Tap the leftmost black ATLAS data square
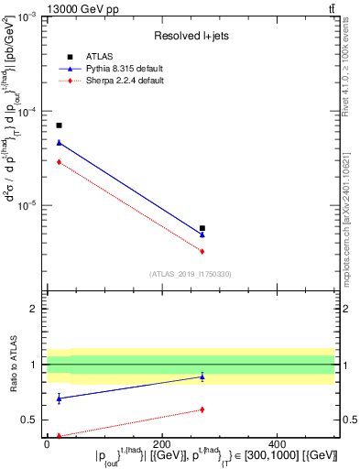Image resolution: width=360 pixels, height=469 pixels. [59, 125]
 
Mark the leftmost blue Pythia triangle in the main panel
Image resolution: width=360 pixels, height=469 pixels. [59, 143]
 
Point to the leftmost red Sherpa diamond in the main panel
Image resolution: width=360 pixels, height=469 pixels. [59, 162]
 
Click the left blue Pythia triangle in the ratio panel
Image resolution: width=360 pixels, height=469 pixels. [59, 398]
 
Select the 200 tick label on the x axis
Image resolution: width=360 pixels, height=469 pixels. [162, 444]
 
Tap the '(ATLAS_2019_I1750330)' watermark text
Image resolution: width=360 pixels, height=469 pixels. [191, 273]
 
